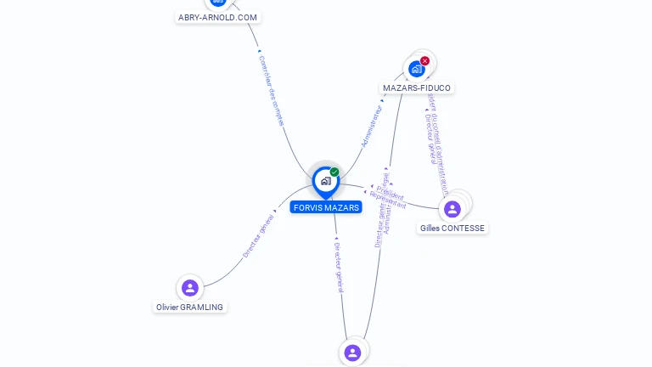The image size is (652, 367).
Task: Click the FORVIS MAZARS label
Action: (326, 207)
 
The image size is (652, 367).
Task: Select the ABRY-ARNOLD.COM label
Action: (218, 17)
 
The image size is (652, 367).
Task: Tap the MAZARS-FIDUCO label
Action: (417, 88)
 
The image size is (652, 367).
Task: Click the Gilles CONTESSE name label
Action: (452, 228)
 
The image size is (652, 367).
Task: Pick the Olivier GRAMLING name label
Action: (190, 307)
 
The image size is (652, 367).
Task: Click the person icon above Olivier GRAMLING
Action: (190, 287)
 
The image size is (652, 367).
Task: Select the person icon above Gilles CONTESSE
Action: (452, 208)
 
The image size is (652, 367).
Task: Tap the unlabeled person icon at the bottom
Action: (352, 352)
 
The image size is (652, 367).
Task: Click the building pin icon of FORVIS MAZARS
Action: (325, 181)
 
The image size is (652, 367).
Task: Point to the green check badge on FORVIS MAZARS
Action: (334, 172)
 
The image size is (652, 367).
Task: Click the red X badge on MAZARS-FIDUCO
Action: (424, 61)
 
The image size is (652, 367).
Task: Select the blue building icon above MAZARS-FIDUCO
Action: (416, 69)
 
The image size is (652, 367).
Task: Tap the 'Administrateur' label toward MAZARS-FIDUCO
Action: (373, 127)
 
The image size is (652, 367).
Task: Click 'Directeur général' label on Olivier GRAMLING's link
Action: (258, 235)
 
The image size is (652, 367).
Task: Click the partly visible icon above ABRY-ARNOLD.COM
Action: (218, 3)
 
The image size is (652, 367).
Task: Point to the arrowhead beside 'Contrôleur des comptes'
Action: (259, 52)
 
